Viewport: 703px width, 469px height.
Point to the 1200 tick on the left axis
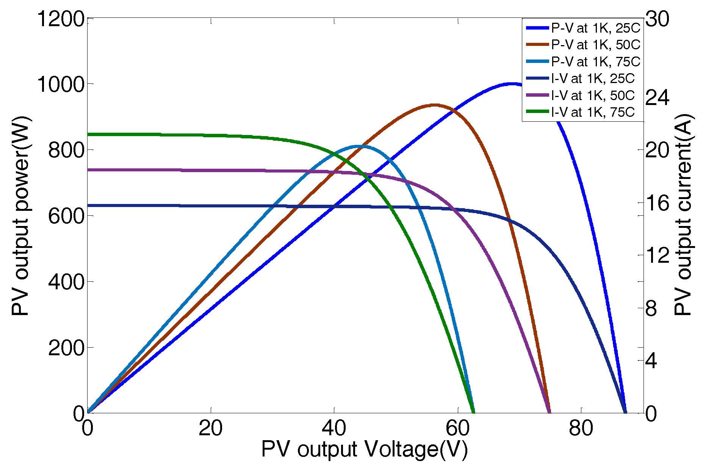pos(60,19)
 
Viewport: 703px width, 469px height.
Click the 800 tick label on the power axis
pos(66,150)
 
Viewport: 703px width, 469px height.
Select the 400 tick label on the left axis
pos(66,282)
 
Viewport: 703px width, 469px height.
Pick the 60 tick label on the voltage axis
pos(457,428)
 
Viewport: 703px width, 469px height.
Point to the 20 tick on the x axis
pos(211,428)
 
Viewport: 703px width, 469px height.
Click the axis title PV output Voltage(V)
pos(365,450)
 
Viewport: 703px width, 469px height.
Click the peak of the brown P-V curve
pos(435,105)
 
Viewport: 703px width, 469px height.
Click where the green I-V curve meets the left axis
pos(88,134)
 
